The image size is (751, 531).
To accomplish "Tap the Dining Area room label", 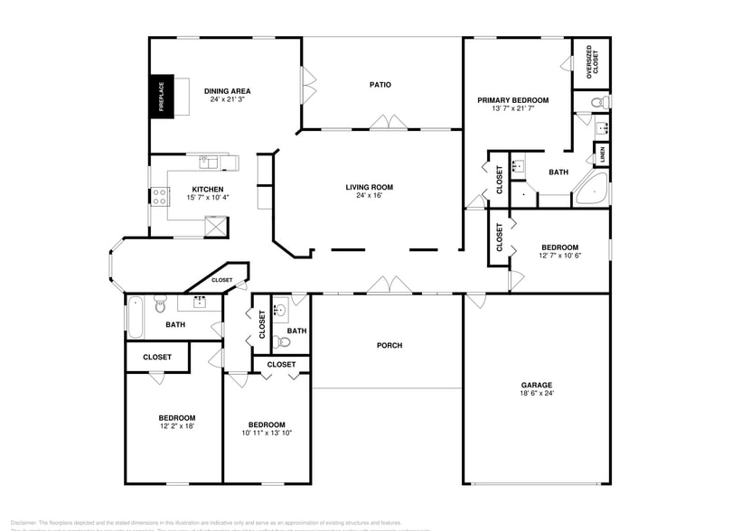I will click(x=227, y=91).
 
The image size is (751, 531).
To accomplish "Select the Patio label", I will click(x=380, y=85).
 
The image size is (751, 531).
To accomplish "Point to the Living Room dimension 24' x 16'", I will click(x=369, y=196).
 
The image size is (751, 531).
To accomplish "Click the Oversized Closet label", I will click(x=589, y=63).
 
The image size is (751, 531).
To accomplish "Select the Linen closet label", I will click(x=603, y=154).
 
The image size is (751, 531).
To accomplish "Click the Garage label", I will click(x=536, y=385).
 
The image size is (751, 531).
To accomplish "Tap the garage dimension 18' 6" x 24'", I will click(x=536, y=394).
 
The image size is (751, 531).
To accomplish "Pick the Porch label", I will click(x=390, y=346).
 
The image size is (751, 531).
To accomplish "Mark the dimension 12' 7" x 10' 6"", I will click(x=560, y=256).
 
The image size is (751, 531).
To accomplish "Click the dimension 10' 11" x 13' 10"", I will click(x=267, y=433).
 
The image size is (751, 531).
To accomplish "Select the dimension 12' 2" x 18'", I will click(x=177, y=426).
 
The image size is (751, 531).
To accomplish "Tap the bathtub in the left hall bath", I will click(x=134, y=316).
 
